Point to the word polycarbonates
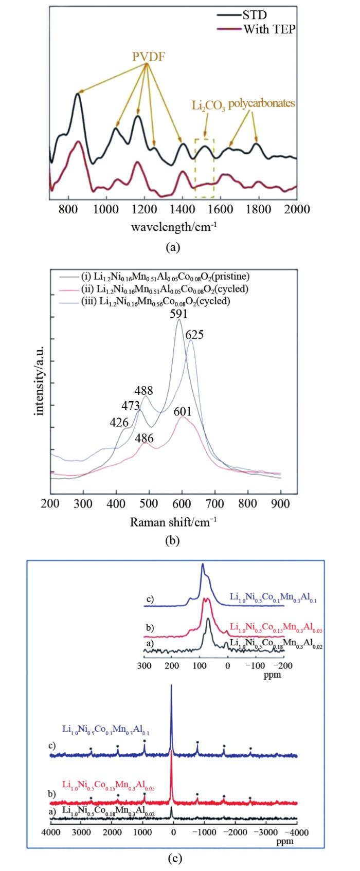pyautogui.click(x=262, y=103)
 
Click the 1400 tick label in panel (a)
pyautogui.click(x=183, y=209)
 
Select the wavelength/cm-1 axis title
pyautogui.click(x=173, y=226)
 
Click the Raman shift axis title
pyautogui.click(x=173, y=523)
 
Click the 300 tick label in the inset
pyautogui.click(x=145, y=665)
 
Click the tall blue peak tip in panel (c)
pyautogui.click(x=171, y=685)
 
